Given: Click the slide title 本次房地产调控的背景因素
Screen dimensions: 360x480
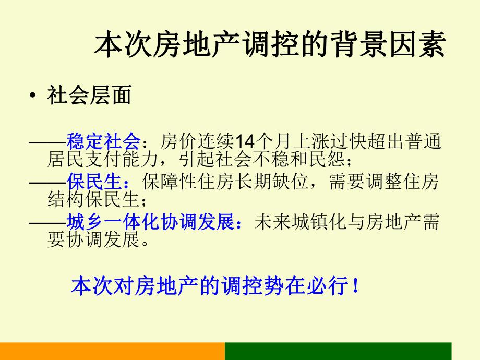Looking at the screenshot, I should pyautogui.click(x=269, y=45).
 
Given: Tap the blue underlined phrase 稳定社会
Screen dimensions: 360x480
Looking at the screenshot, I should pyautogui.click(x=103, y=141).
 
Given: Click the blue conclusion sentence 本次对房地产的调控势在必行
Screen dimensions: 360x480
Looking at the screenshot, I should pyautogui.click(x=209, y=286).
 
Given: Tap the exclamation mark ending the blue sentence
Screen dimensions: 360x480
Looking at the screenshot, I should pyautogui.click(x=355, y=286).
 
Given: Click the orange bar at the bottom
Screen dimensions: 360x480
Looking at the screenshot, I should pyautogui.click(x=112, y=351).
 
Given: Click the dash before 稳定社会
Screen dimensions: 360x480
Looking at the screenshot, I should pyautogui.click(x=47, y=141).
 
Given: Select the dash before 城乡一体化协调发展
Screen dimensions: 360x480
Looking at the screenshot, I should pyautogui.click(x=47, y=223).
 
